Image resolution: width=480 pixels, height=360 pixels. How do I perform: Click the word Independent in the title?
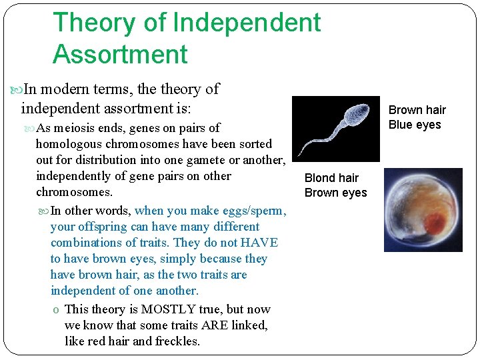(247, 23)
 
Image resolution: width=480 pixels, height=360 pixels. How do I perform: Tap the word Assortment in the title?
(120, 54)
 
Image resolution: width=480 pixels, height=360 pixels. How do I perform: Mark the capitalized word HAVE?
(259, 243)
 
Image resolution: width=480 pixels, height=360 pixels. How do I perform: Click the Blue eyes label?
(415, 125)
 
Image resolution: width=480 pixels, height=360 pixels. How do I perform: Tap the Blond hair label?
(331, 178)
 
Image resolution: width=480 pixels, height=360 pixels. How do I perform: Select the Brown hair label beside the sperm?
(417, 110)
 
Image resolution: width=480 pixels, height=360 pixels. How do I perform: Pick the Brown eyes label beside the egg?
(335, 193)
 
